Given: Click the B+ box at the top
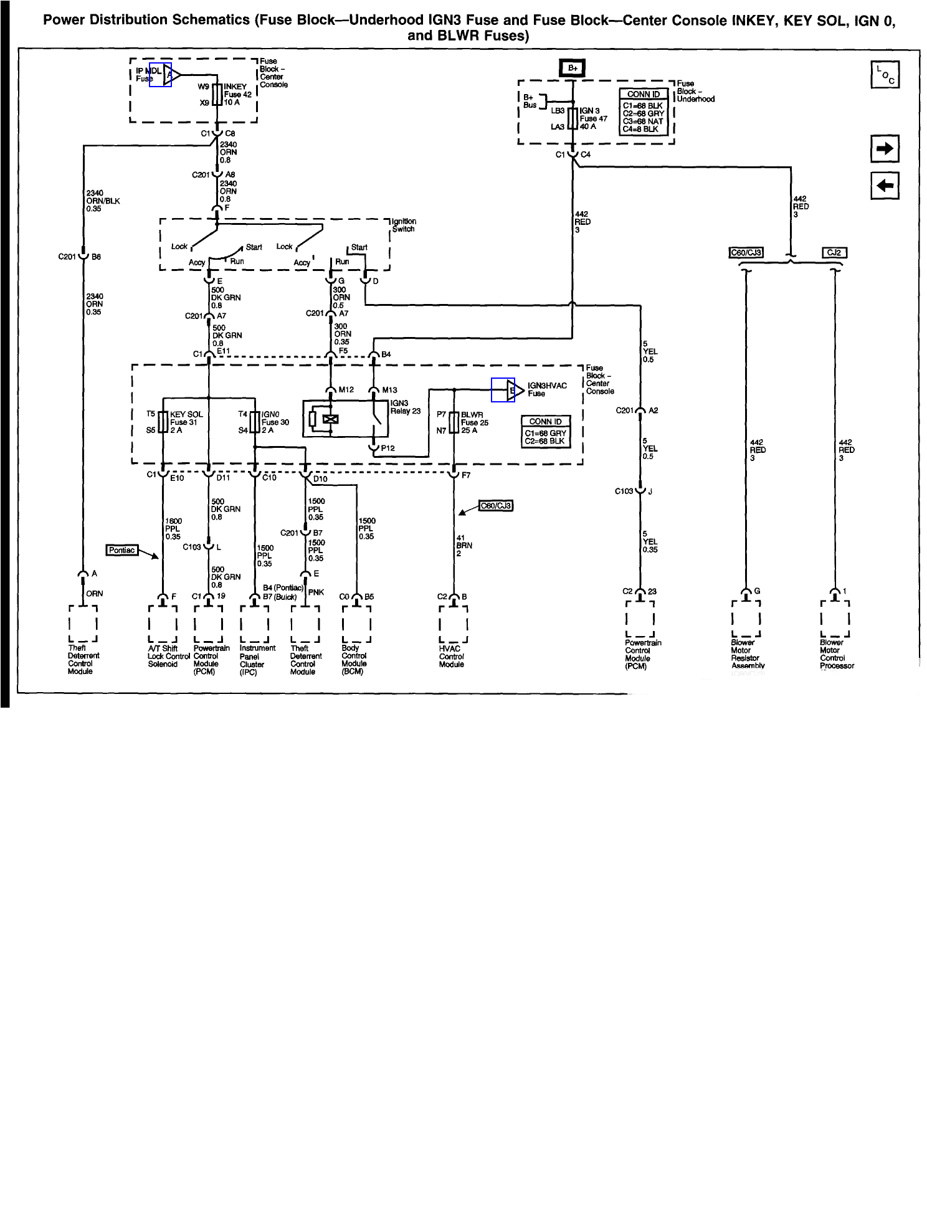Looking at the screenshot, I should pos(573,68).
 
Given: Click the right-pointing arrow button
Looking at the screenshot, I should pos(884,149).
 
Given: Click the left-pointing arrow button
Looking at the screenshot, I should pos(884,185).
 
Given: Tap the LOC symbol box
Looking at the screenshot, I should pos(884,75).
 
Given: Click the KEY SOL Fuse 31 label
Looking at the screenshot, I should pos(186,422).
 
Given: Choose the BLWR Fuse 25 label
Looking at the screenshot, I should pos(475,422).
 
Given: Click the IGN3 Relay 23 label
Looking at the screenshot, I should pos(405,407).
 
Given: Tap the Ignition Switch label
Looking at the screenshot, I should pos(404,225).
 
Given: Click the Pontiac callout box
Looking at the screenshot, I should pos(122,550).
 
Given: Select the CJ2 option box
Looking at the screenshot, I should pos(834,252).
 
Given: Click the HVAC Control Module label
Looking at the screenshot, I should pos(451,657).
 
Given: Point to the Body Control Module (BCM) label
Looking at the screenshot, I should pos(354,660).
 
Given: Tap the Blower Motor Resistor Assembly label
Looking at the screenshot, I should pos(746,653).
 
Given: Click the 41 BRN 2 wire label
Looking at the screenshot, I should pos(464,545).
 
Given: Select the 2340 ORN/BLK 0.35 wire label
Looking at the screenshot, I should pos(103,201).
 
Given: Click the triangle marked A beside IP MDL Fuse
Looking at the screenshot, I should pos(171,75).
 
